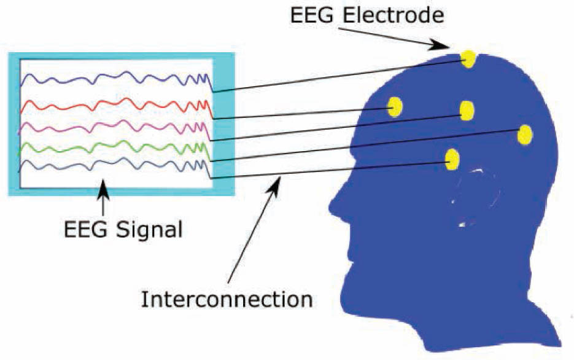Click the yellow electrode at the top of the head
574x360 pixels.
coord(468,58)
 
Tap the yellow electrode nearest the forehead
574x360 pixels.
coord(395,106)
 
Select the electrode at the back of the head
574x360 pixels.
coord(525,135)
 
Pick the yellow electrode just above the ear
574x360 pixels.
coord(452,159)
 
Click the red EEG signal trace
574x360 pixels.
coord(117,106)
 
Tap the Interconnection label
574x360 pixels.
coord(227,300)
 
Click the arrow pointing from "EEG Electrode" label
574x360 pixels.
coord(393,37)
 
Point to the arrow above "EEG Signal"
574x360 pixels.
coord(104,197)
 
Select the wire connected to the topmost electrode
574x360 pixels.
coord(339,75)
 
